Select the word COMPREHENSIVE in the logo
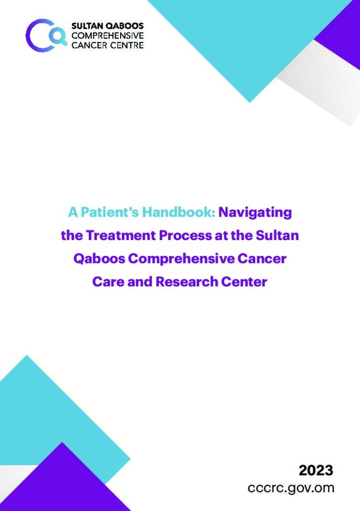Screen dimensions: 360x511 (x=108, y=35)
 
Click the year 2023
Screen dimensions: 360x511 (x=316, y=471)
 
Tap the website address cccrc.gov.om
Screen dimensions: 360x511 (x=291, y=488)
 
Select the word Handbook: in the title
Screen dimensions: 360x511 (x=179, y=212)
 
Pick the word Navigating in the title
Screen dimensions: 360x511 (x=255, y=213)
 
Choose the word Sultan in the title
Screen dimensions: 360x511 (x=277, y=236)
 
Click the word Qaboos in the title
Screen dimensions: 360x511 (x=99, y=259)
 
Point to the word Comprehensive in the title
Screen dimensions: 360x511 (x=181, y=259)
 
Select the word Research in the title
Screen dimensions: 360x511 (x=187, y=281)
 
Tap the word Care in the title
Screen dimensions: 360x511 (x=108, y=281)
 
